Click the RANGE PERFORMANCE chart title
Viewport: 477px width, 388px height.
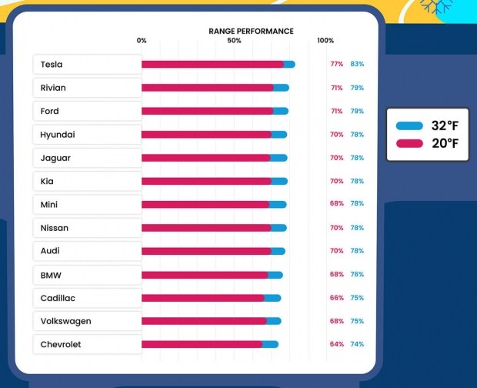coord(251,31)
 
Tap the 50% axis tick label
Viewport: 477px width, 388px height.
coord(234,40)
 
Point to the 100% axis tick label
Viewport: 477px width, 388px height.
coord(325,40)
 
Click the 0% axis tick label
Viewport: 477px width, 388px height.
coord(142,40)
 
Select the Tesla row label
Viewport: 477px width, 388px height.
coord(52,65)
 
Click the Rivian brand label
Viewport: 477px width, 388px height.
coord(53,88)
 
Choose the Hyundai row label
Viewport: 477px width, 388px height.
coord(58,135)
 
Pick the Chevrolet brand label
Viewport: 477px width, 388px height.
coord(61,344)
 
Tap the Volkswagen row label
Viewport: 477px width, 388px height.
coord(65,321)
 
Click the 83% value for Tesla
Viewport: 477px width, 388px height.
coord(357,65)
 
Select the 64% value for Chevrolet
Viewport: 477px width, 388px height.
coord(337,344)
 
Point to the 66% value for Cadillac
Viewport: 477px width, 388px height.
coord(337,298)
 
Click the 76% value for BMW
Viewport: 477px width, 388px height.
coord(357,274)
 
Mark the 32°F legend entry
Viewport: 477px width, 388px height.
coord(428,125)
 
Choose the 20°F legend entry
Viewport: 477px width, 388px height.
coord(428,143)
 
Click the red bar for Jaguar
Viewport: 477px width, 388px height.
coord(205,158)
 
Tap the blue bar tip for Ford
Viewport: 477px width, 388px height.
coord(282,111)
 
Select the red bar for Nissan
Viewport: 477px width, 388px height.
coord(205,228)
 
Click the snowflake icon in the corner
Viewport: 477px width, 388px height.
coord(436,6)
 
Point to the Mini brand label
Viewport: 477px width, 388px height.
coord(49,205)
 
